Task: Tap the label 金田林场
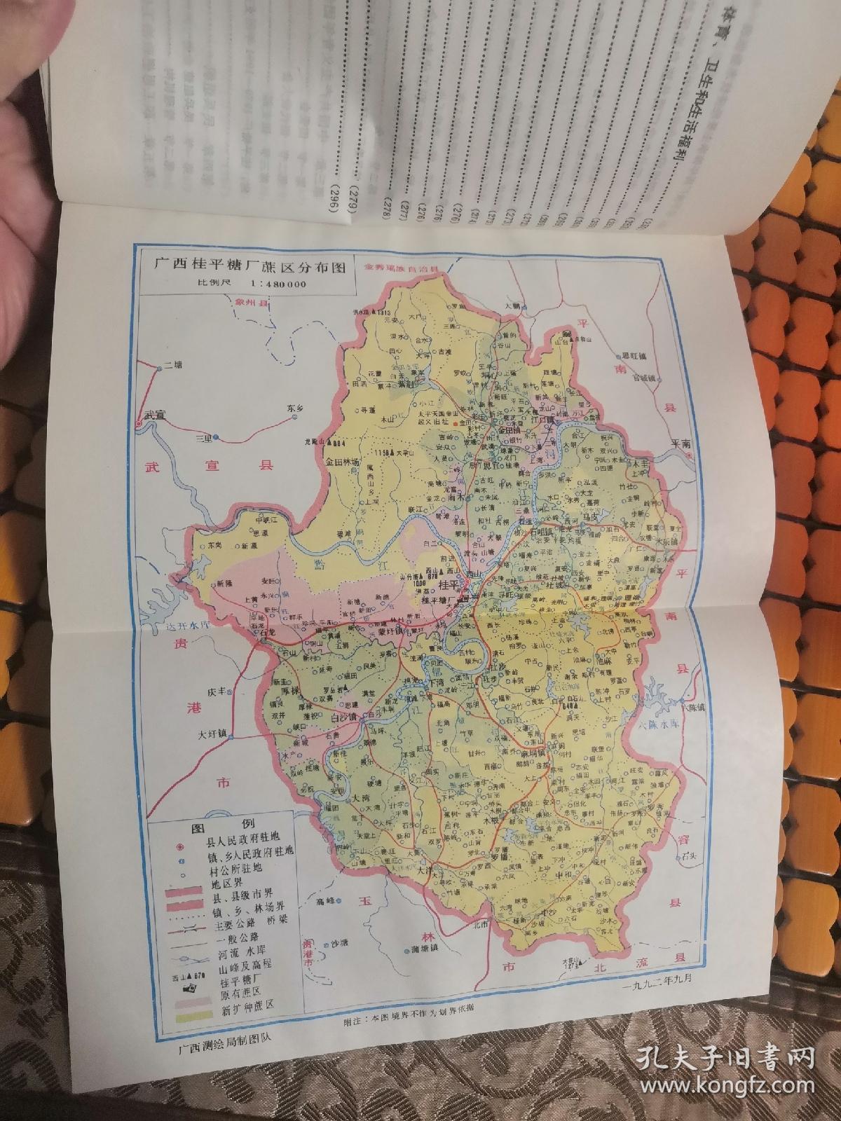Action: click(x=342, y=463)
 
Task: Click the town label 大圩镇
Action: click(x=213, y=734)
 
